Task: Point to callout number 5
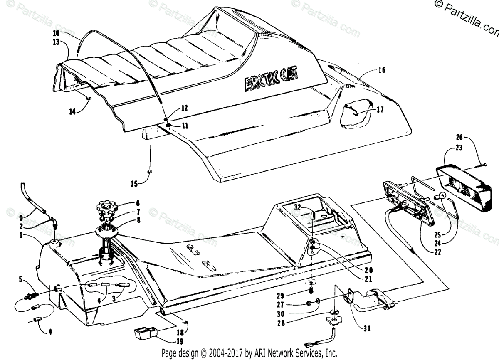20,280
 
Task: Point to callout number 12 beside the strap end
184,108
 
